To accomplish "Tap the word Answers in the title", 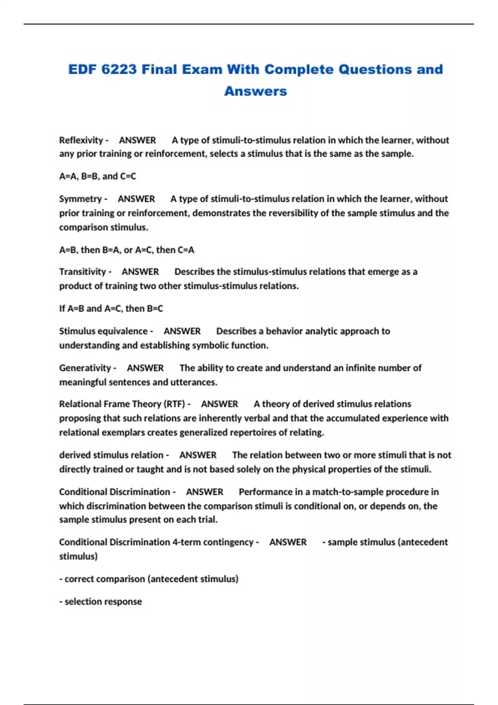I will point(255,91).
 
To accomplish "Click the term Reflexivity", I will point(81,140).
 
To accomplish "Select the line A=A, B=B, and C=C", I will point(98,176).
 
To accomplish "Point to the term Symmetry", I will point(80,199).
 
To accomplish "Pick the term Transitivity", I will point(83,272).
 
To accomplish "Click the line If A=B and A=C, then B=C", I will point(111,309).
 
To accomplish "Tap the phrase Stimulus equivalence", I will point(103,331).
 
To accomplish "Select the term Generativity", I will point(85,368).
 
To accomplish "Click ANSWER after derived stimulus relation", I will point(198,455).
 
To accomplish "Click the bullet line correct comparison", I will point(149,579).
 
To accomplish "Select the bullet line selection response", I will point(100,602).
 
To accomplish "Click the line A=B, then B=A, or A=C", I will point(127,250).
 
